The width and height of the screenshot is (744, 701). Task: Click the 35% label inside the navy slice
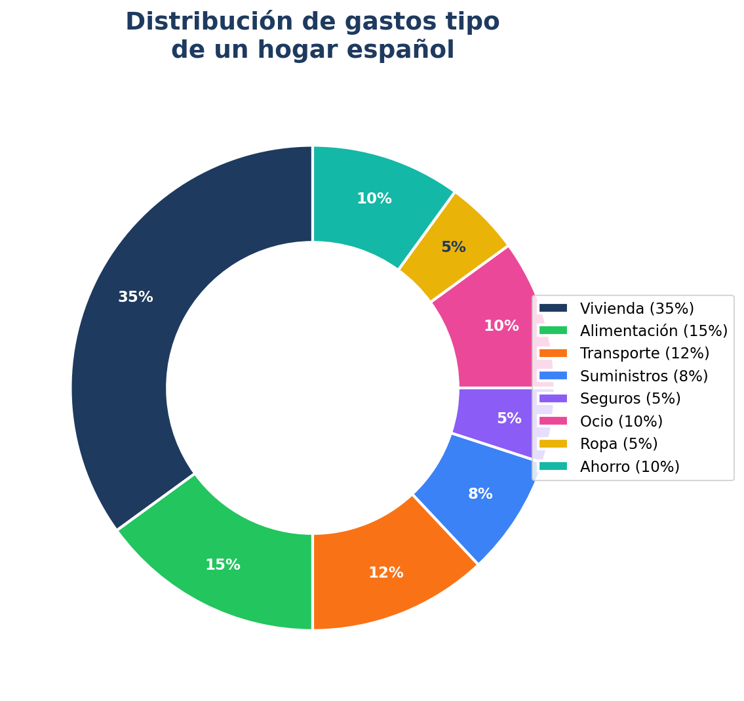[136, 297]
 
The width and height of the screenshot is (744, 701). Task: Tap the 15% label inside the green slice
[223, 565]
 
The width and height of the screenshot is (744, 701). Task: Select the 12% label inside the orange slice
[386, 573]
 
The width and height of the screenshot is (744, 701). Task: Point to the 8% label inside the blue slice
[480, 494]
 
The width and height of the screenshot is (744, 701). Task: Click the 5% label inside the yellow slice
[454, 247]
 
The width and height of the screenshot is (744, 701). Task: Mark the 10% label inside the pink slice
[501, 326]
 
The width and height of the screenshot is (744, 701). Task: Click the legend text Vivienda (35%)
[636, 308]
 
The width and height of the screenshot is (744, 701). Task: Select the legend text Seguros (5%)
[630, 398]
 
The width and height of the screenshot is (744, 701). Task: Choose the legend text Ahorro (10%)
[629, 467]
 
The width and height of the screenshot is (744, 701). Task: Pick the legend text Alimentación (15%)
[654, 331]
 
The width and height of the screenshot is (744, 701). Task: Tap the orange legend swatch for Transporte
[553, 353]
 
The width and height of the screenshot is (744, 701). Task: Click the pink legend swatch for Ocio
[553, 421]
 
